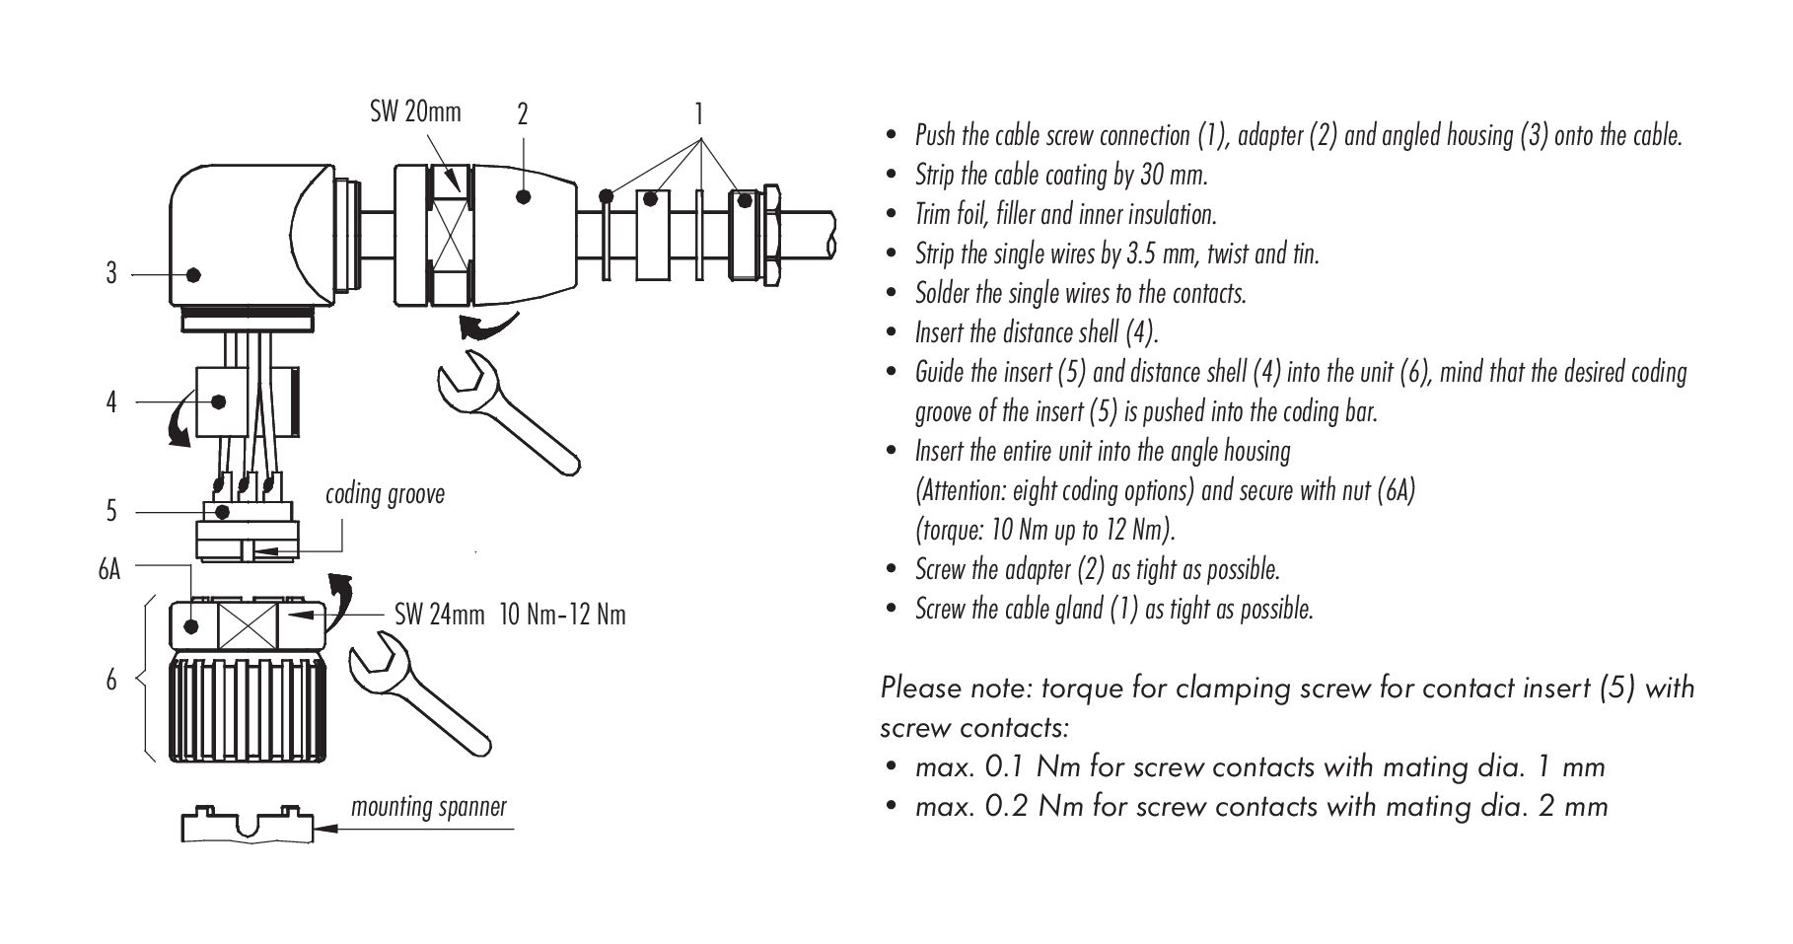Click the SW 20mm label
415,110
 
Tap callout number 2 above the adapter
523,114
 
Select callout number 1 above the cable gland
698,113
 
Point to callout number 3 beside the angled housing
111,273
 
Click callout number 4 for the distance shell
111,402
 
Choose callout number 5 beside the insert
111,511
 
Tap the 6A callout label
109,569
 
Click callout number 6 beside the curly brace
111,679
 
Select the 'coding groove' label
385,494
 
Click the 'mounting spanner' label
429,807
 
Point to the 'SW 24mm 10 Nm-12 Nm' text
510,616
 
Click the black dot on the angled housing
193,273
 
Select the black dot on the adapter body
524,198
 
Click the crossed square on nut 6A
247,625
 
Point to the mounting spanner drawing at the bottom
248,825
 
